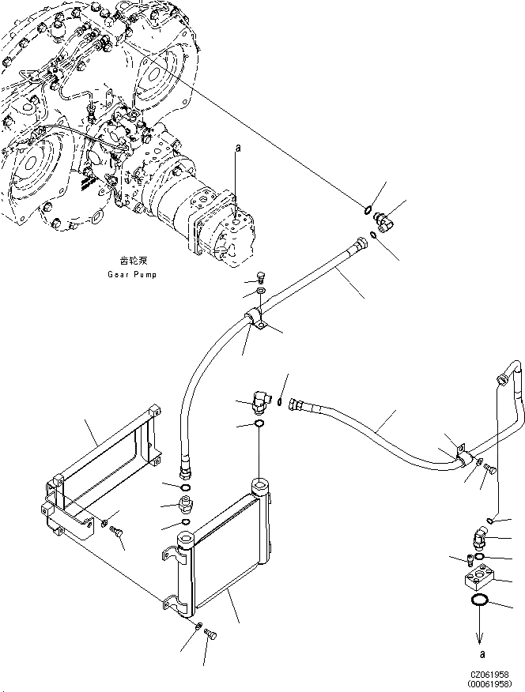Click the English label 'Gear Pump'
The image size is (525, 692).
[134, 274]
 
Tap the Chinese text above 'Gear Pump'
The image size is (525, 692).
[133, 260]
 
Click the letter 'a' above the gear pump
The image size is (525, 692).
[236, 148]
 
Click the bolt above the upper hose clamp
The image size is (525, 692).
[262, 278]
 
